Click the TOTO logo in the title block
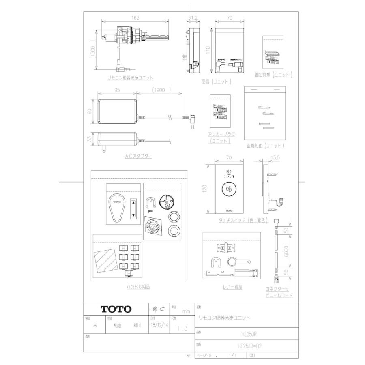(x=116, y=309)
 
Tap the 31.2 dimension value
(x=193, y=18)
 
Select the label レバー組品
(x=232, y=287)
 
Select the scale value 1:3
(x=182, y=328)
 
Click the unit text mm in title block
(x=186, y=311)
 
